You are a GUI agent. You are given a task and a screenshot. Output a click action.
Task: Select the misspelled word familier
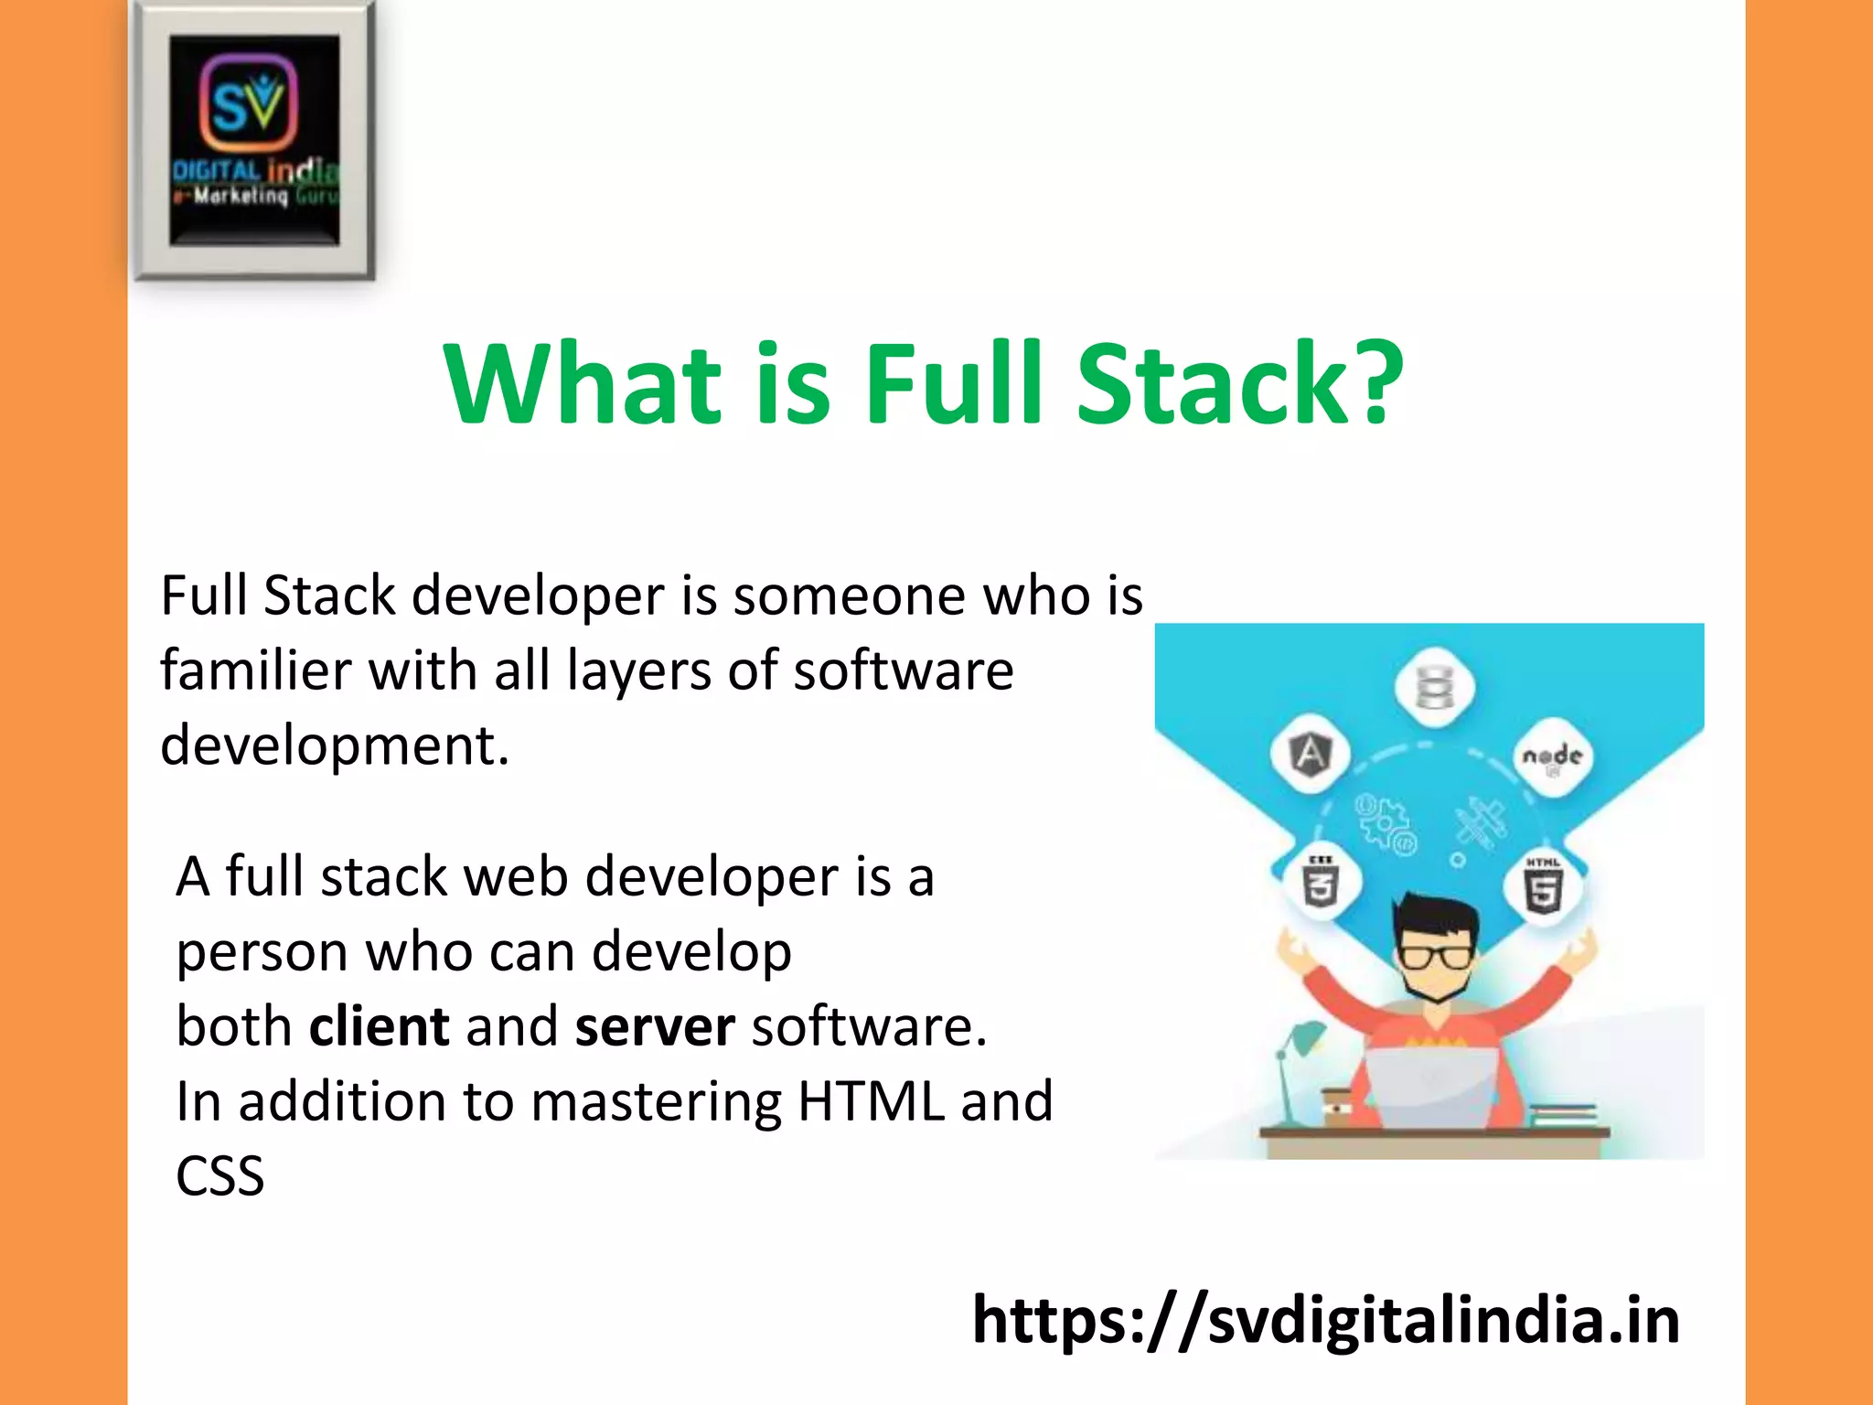click(255, 670)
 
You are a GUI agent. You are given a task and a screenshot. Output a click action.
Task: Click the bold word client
click(379, 1026)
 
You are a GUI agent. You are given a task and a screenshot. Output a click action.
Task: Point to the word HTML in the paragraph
click(871, 1101)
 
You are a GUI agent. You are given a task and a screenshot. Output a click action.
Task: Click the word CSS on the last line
click(219, 1176)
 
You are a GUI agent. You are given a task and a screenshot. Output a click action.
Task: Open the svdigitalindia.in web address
click(1325, 1321)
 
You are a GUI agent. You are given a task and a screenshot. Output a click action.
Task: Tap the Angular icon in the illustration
click(1311, 755)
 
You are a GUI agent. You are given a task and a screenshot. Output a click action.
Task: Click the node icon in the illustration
click(1552, 758)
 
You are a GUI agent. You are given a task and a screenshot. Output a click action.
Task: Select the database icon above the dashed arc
click(1434, 687)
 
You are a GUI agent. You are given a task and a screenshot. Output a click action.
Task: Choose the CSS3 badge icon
click(1320, 882)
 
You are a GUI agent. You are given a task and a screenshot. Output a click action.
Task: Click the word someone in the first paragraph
click(848, 596)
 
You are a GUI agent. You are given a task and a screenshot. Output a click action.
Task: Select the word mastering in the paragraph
click(655, 1102)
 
